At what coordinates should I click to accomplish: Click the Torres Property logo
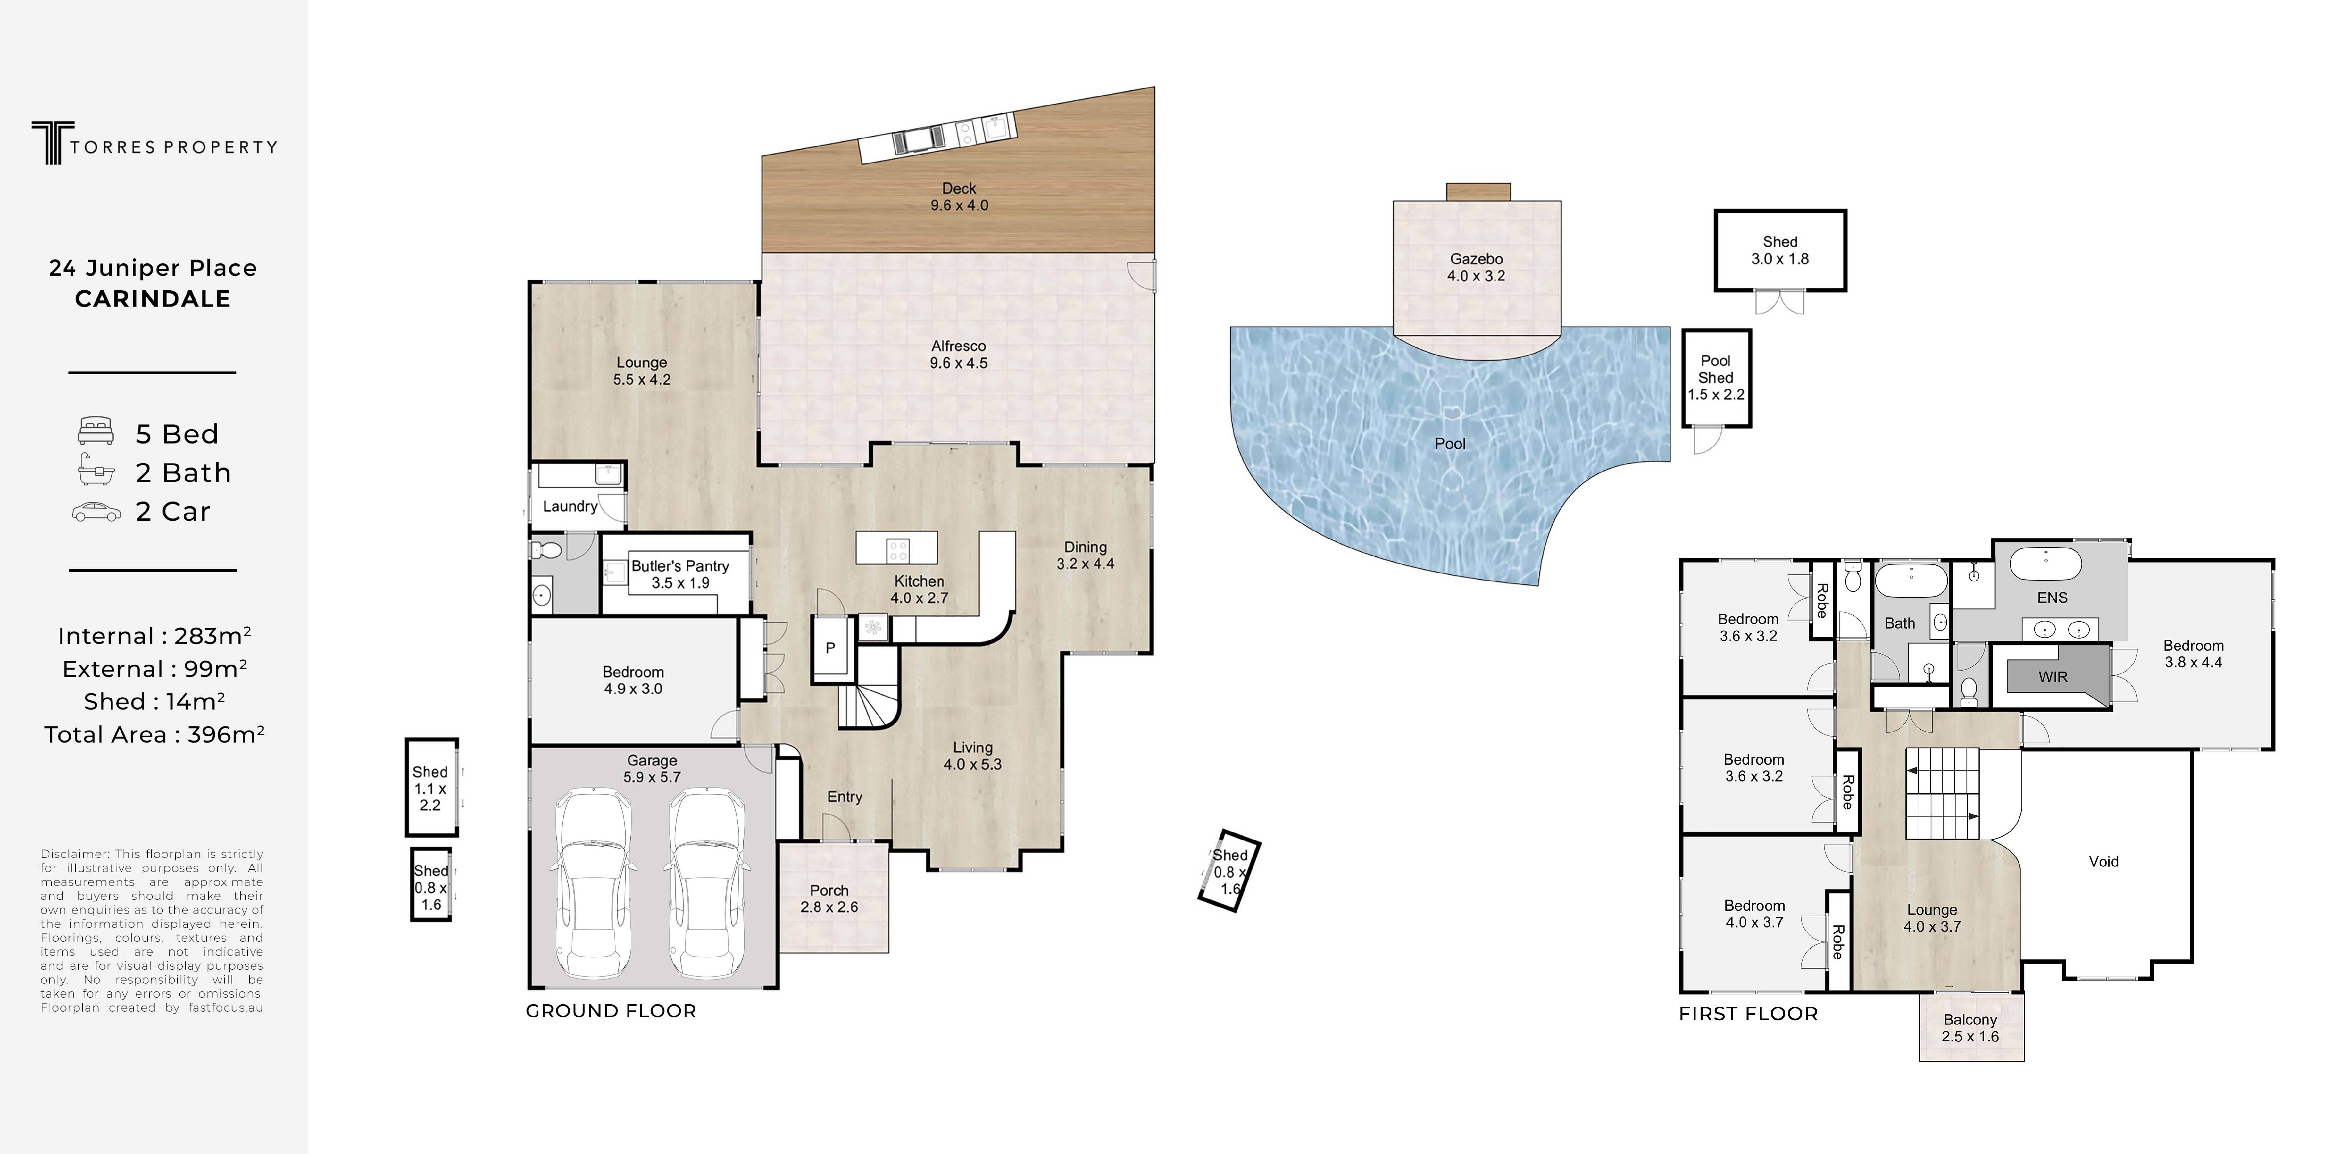click(154, 144)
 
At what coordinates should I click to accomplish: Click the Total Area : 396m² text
click(154, 734)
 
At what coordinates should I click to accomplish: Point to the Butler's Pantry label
click(680, 566)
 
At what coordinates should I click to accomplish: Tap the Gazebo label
click(1476, 259)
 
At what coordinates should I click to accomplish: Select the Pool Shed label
click(1716, 369)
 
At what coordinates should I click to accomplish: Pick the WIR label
click(2053, 677)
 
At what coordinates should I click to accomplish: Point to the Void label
click(2104, 861)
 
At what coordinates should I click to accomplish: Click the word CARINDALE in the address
click(153, 299)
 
